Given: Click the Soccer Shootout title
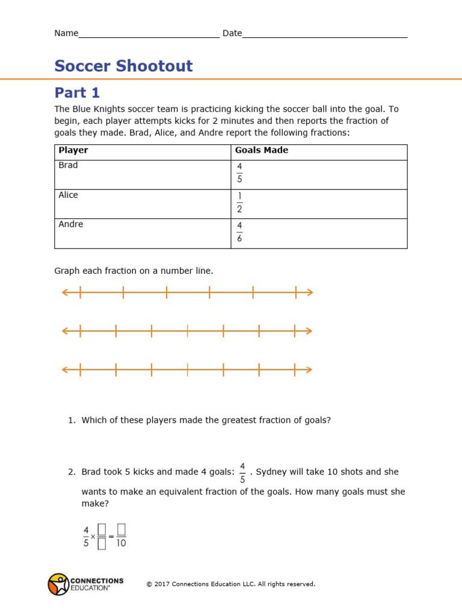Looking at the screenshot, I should (123, 66).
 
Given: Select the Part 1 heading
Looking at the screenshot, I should (77, 93).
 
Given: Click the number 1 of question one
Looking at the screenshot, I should (71, 420).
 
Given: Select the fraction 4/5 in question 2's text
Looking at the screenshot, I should (242, 473).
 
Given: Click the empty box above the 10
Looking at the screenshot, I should (121, 529).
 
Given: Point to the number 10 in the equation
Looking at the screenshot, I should (121, 543).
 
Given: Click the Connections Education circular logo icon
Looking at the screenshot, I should (58, 584).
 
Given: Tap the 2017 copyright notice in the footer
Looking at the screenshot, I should (230, 584).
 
